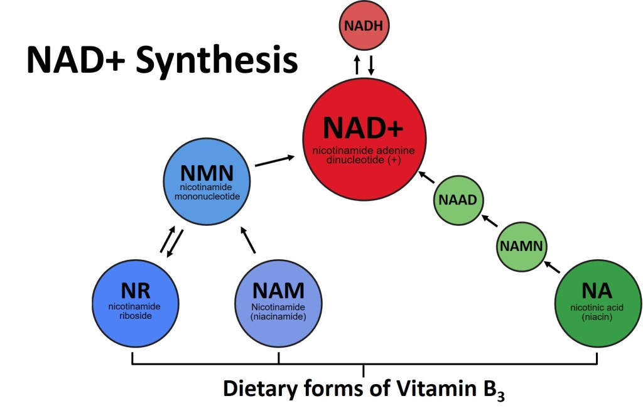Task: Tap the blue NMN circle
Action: pyautogui.click(x=207, y=183)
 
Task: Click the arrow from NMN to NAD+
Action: pyautogui.click(x=275, y=161)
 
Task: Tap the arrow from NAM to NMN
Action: pyautogui.click(x=249, y=240)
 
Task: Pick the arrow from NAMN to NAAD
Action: pyautogui.click(x=489, y=221)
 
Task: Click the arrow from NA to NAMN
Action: pyautogui.click(x=552, y=266)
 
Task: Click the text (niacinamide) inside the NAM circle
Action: pyautogui.click(x=278, y=317)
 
